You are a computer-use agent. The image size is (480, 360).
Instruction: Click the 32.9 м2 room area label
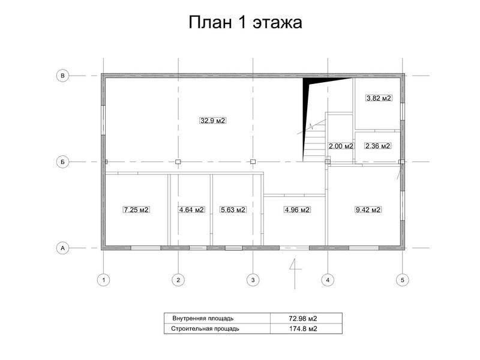[x=212, y=121]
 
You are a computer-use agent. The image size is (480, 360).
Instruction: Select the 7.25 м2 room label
[x=136, y=209]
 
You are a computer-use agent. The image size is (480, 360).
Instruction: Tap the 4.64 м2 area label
[x=191, y=209]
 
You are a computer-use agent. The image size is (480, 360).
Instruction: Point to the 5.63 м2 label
[x=233, y=209]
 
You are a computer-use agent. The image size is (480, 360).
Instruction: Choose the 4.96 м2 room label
[x=297, y=209]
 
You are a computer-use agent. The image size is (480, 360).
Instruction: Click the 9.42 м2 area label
[x=368, y=209]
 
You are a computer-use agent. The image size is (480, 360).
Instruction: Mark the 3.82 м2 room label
[x=379, y=98]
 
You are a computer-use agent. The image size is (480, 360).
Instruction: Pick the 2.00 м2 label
[x=341, y=146]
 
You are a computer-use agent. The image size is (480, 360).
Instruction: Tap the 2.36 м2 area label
[x=378, y=146]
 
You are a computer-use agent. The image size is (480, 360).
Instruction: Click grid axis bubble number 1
[x=104, y=280]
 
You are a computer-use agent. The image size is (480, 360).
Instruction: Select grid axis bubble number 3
[x=253, y=280]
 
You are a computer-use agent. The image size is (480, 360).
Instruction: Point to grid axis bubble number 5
[x=402, y=280]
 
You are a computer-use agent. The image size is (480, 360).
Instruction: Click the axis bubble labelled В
[x=63, y=76]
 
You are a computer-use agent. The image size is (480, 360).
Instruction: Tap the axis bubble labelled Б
[x=63, y=161]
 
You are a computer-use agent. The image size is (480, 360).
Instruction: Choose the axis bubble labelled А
[x=63, y=248]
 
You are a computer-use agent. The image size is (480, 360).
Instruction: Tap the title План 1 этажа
[x=245, y=22]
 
